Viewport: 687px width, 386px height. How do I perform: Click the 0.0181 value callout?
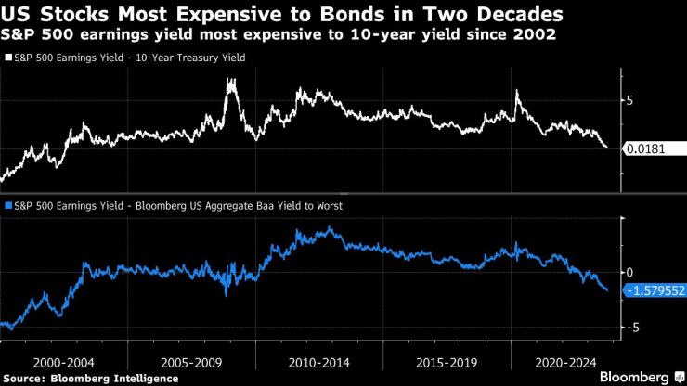click(x=652, y=148)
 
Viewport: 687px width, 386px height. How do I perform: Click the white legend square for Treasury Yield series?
click(x=8, y=58)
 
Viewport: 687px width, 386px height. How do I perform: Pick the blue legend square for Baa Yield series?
click(x=8, y=207)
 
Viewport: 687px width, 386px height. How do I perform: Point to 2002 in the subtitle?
click(x=538, y=36)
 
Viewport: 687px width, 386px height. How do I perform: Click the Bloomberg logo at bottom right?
click(x=634, y=378)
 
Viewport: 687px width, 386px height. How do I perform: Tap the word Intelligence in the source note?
click(x=144, y=379)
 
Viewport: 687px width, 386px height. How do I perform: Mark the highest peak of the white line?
click(x=229, y=81)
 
